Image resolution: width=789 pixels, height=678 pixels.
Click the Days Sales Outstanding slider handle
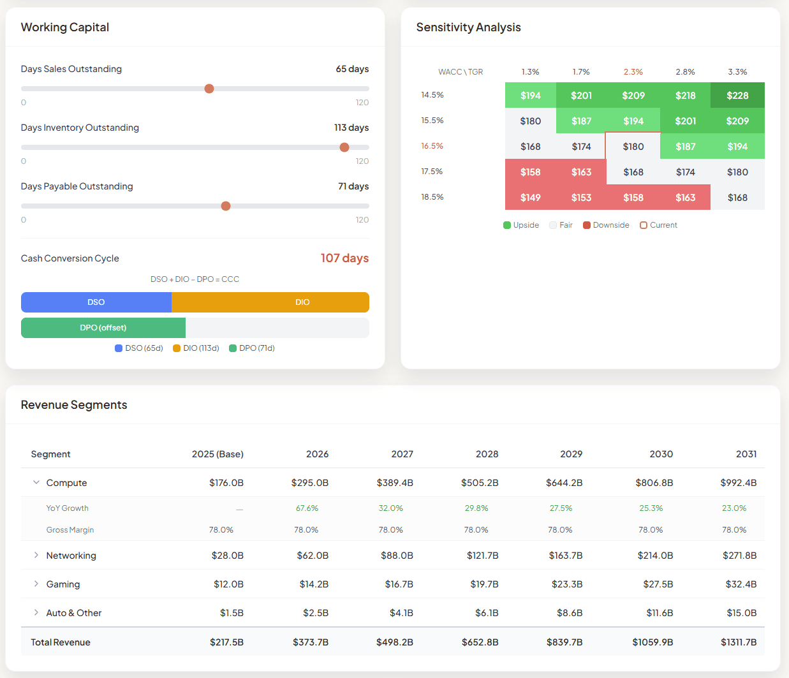tap(209, 89)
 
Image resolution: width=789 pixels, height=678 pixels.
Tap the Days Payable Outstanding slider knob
tap(226, 206)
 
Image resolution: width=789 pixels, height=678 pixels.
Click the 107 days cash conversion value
tap(344, 258)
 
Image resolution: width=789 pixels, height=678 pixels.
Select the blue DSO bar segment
tap(96, 302)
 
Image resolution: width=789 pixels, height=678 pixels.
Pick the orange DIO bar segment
tap(302, 302)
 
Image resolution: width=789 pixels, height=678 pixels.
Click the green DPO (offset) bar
tap(103, 328)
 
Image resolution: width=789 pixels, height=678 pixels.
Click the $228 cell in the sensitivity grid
tap(737, 96)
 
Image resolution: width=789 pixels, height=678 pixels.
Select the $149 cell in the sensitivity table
tap(530, 198)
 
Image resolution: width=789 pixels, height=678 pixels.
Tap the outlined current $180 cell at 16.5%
tap(633, 147)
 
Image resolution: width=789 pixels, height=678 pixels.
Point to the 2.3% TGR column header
tap(633, 72)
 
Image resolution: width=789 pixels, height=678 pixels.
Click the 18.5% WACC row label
tap(432, 197)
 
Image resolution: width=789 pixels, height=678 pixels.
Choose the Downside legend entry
tap(606, 225)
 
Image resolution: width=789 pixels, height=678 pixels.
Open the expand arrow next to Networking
tap(36, 556)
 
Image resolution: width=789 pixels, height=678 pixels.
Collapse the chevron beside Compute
tap(36, 483)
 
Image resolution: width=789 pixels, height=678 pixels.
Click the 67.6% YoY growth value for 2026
tap(307, 508)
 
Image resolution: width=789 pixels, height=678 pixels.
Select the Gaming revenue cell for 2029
tap(566, 584)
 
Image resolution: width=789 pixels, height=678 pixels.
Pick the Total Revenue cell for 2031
tap(739, 642)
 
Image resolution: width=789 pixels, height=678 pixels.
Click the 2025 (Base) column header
tap(218, 454)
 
